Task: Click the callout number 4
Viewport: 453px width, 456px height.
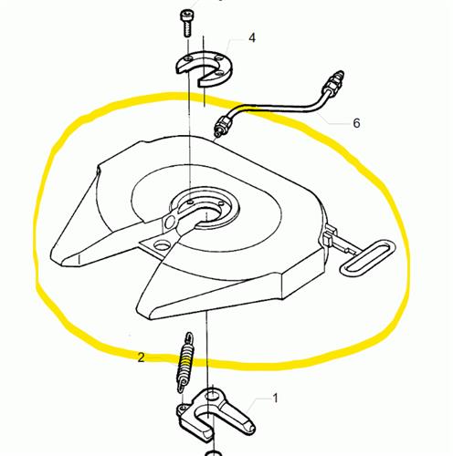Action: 252,38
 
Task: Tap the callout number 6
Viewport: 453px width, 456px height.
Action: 356,123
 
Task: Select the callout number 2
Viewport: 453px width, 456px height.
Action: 141,358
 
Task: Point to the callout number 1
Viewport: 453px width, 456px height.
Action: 275,399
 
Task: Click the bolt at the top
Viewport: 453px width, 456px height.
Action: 186,23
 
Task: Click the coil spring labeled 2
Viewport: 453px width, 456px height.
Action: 185,363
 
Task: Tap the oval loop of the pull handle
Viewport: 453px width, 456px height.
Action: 368,258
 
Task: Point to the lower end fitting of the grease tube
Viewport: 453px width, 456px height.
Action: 223,125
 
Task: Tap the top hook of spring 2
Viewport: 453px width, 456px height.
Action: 189,337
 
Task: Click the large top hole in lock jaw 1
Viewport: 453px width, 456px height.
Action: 211,396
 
